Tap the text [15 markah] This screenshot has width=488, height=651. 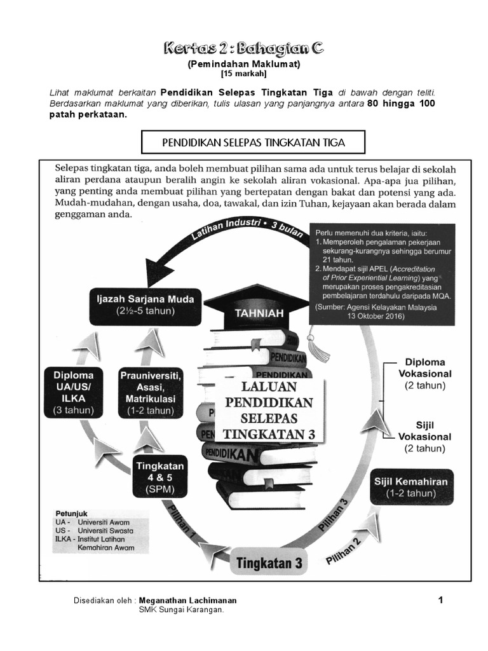[x=244, y=74]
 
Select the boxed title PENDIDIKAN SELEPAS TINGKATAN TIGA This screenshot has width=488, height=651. [x=253, y=142]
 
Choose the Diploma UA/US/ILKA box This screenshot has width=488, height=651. [x=73, y=392]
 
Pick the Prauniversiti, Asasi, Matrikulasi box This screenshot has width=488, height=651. [x=150, y=392]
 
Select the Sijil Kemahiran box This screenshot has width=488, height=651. [x=412, y=486]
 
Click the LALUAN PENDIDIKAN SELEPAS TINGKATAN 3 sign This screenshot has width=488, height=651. [x=269, y=410]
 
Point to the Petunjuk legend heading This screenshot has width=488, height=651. [x=71, y=512]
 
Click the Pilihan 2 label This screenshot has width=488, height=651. [x=344, y=551]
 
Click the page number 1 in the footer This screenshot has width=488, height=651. [x=440, y=600]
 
